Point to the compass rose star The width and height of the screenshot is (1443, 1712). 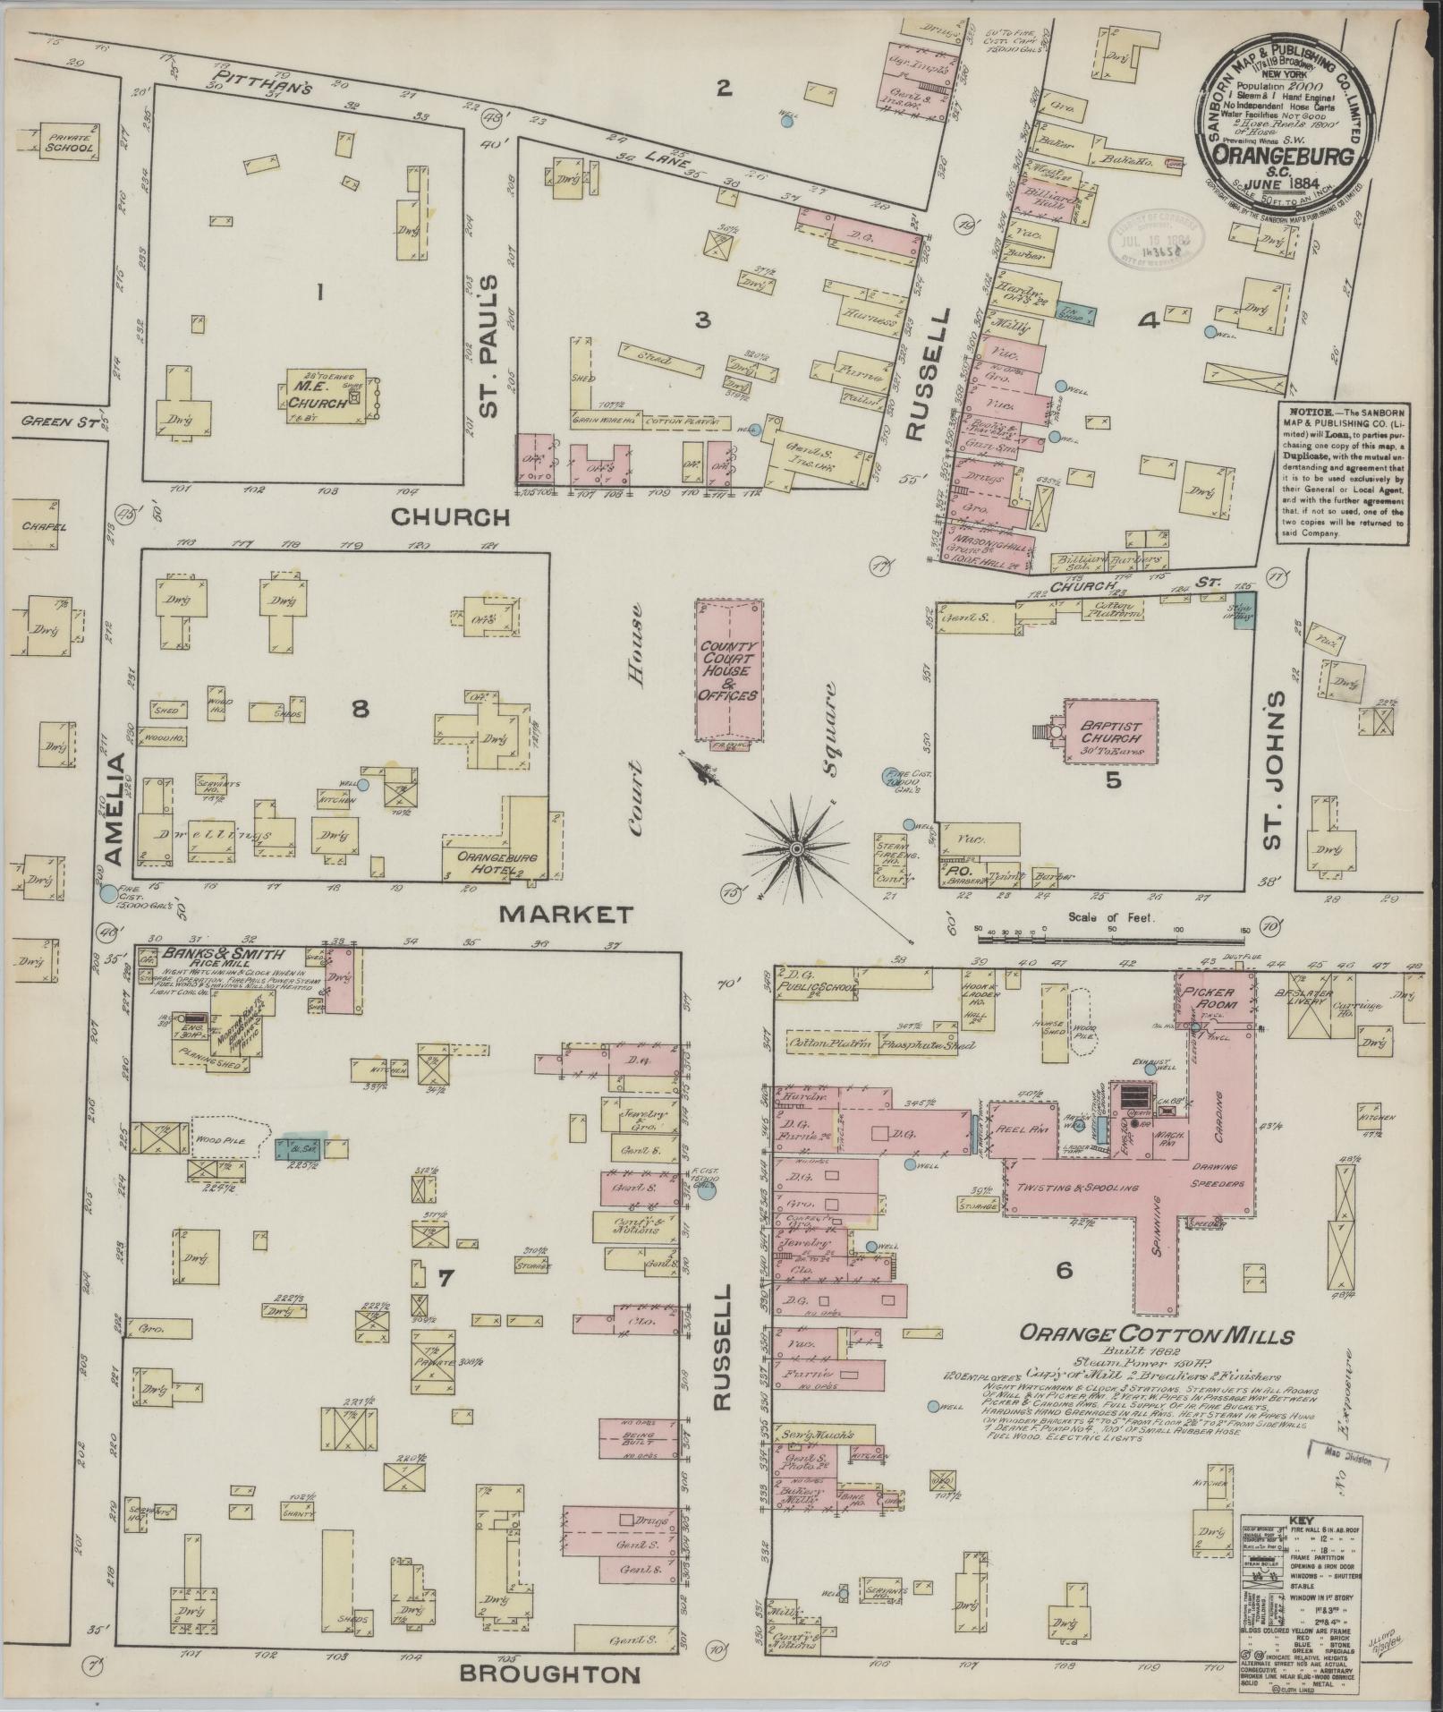click(x=795, y=847)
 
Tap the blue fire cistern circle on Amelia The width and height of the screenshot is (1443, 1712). click(x=108, y=893)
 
